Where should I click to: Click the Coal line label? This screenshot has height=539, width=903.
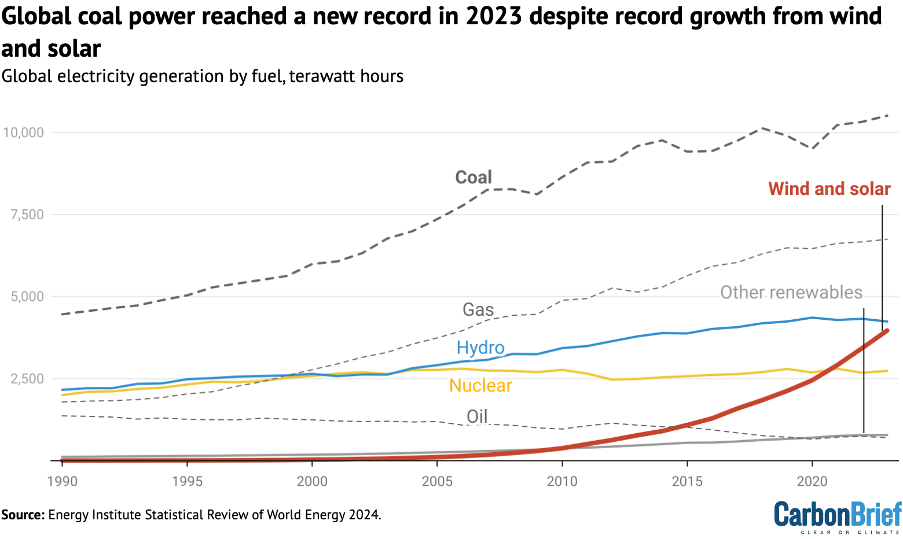pyautogui.click(x=473, y=177)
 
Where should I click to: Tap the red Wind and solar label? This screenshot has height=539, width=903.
pyautogui.click(x=829, y=189)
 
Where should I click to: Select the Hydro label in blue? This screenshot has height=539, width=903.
pyautogui.click(x=480, y=347)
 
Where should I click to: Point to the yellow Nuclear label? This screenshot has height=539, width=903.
pyautogui.click(x=480, y=385)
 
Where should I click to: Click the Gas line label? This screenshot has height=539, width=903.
pyautogui.click(x=478, y=309)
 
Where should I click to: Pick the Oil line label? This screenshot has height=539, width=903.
pyautogui.click(x=477, y=416)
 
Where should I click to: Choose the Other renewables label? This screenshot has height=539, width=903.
pyautogui.click(x=791, y=292)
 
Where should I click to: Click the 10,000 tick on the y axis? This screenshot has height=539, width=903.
pyautogui.click(x=23, y=132)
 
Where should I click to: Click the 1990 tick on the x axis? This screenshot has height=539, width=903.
pyautogui.click(x=62, y=481)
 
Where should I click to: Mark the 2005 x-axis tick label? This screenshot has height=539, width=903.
pyautogui.click(x=437, y=481)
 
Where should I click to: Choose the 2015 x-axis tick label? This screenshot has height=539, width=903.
pyautogui.click(x=687, y=481)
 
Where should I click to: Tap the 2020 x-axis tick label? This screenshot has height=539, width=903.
pyautogui.click(x=812, y=481)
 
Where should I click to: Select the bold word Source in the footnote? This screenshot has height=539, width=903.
pyautogui.click(x=23, y=515)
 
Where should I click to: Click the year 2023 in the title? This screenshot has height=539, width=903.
pyautogui.click(x=494, y=16)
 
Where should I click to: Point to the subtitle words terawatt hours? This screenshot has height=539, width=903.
pyautogui.click(x=346, y=76)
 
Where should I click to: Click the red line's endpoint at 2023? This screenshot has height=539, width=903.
pyautogui.click(x=887, y=330)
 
